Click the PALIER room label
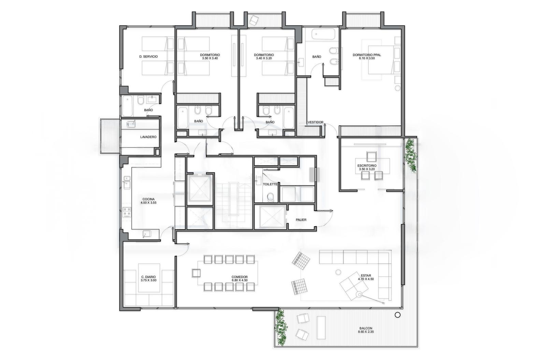coord(301,220)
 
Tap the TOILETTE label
coord(270,184)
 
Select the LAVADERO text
coord(148,137)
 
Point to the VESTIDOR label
coord(315,122)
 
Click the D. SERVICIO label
coord(148,57)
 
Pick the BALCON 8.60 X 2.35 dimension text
coord(366,332)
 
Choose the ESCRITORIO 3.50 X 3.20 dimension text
coord(367,169)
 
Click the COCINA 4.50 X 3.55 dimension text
coord(148,203)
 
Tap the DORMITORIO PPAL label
coord(367,55)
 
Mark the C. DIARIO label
coord(148,277)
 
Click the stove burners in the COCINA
coord(127,212)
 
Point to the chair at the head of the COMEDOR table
coord(196,273)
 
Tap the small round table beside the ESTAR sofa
coord(338,272)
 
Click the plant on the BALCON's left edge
coord(281,328)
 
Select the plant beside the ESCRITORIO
coord(411,155)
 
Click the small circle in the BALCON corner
coord(398,315)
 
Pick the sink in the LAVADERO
coord(131,124)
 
